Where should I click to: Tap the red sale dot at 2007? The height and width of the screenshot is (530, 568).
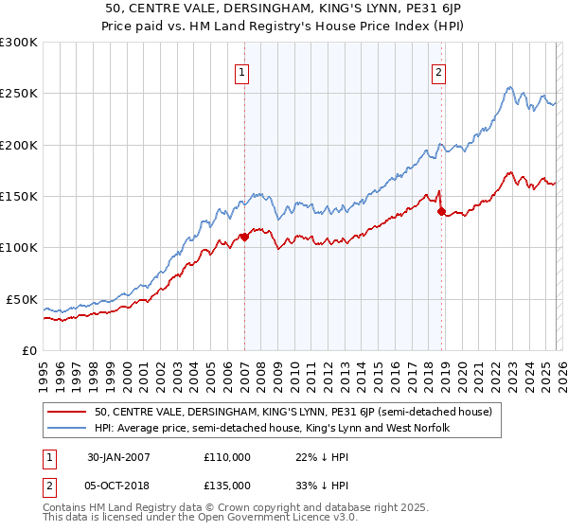point(244,237)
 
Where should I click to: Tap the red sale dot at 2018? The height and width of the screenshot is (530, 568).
point(441,211)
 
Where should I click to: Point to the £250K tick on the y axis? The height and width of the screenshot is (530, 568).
point(18,94)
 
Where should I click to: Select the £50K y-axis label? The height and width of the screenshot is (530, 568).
point(22,299)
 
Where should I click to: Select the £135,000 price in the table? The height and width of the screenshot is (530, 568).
point(227,485)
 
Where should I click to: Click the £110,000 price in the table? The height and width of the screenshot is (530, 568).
point(227,457)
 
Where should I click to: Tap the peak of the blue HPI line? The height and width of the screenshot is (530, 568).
point(509,88)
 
